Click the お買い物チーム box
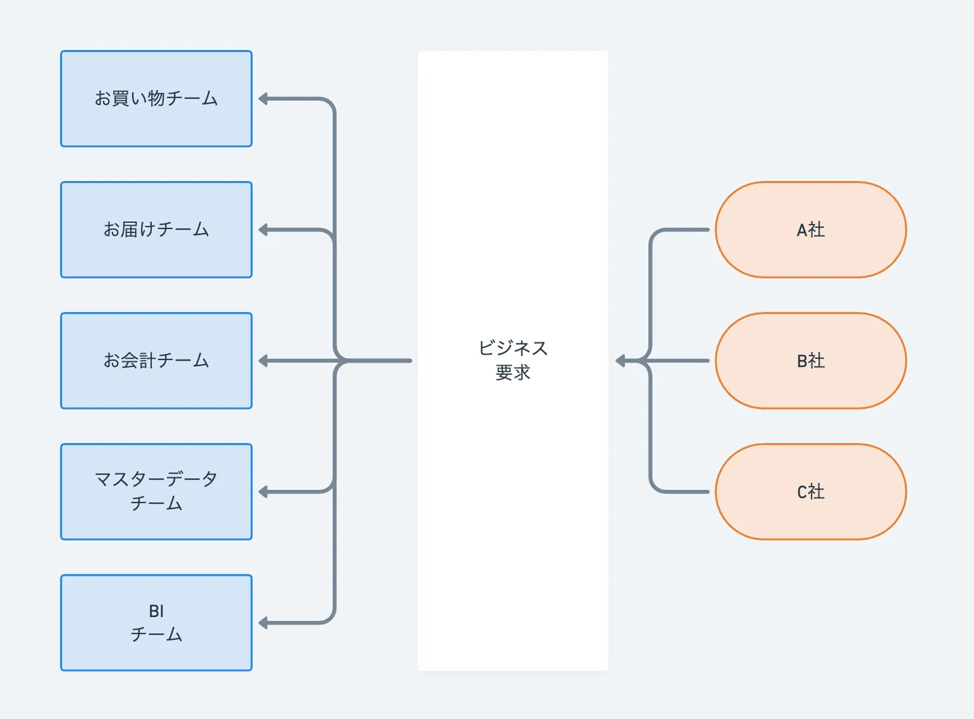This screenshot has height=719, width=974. (156, 99)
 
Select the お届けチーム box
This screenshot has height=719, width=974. (156, 230)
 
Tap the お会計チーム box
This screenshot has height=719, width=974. (156, 361)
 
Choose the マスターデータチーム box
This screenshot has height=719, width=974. (156, 491)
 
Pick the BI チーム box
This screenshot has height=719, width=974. (156, 622)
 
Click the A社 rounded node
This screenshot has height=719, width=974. (810, 230)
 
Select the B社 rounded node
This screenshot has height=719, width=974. (810, 361)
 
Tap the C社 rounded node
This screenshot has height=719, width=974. (810, 491)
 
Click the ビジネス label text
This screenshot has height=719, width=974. (512, 348)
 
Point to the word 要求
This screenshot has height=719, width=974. (512, 373)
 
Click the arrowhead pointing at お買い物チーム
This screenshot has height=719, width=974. (263, 99)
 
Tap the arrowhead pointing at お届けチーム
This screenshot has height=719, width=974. (263, 230)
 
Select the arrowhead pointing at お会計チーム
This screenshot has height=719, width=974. (263, 361)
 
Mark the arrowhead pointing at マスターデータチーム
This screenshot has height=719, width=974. (263, 492)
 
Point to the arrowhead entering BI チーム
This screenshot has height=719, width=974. (263, 623)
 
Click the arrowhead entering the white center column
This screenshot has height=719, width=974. (621, 361)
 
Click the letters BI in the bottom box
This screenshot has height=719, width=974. (156, 611)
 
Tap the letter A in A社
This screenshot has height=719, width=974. (802, 230)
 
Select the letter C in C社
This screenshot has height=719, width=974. (802, 492)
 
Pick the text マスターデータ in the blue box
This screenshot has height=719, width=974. (156, 479)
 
